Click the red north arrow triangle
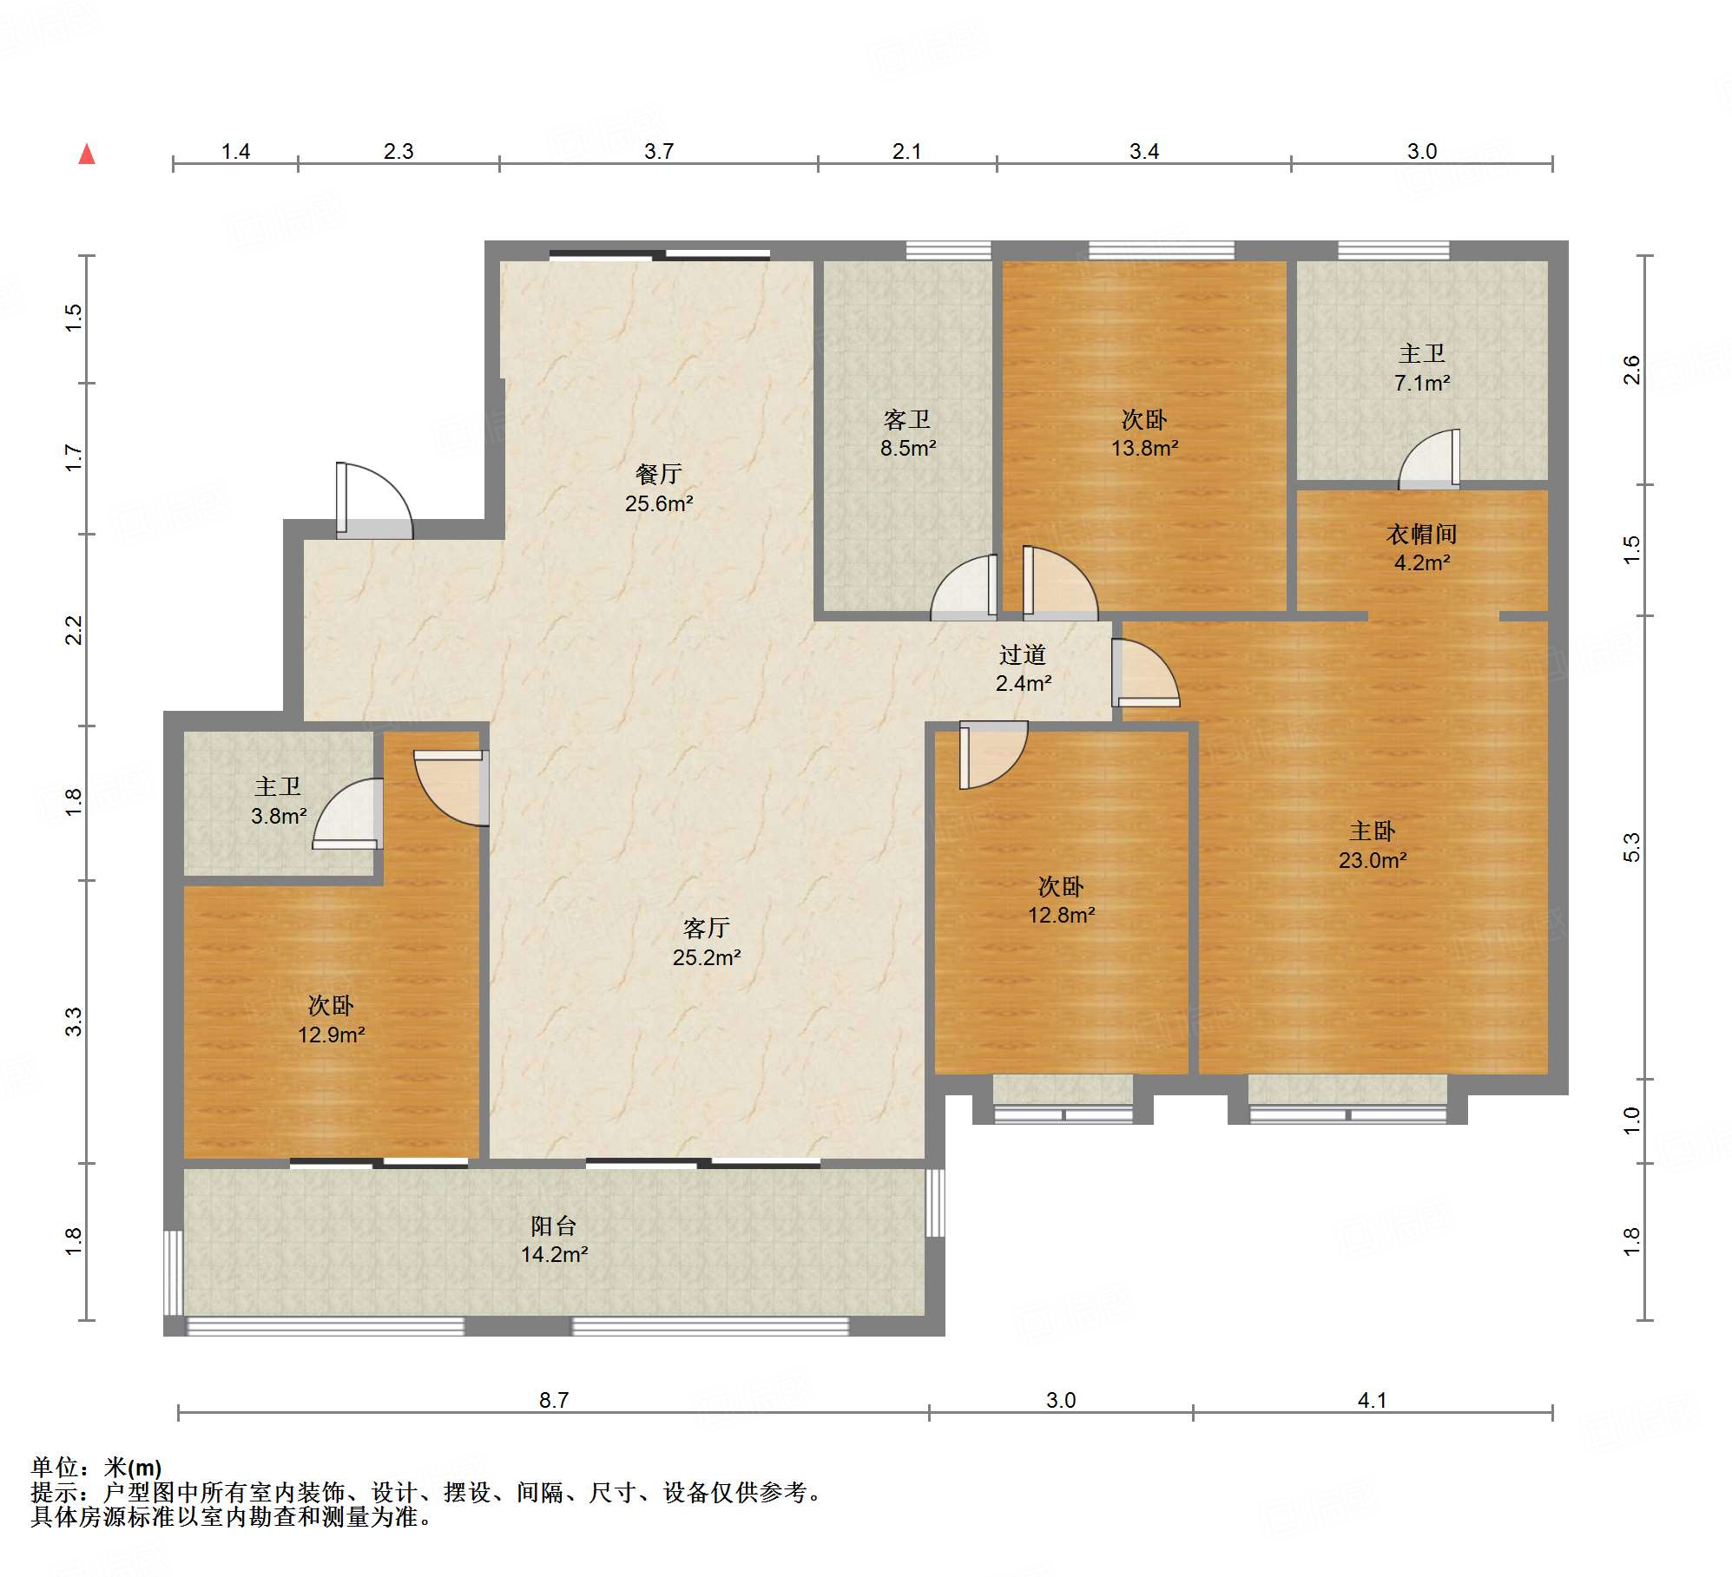[87, 154]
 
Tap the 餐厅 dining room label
[659, 474]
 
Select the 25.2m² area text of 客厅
[707, 957]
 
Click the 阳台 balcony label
[554, 1225]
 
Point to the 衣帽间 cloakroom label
[1421, 534]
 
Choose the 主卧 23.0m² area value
[1372, 860]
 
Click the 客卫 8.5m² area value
[908, 448]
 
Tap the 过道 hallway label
[1023, 654]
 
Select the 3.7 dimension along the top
[659, 151]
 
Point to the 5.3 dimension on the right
[1632, 846]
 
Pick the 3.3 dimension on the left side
[74, 1022]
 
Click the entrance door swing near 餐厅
[374, 501]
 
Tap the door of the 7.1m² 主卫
[1429, 459]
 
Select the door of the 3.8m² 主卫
[347, 813]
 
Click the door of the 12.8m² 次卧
[993, 755]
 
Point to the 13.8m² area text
[1144, 448]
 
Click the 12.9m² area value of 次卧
[331, 1035]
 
